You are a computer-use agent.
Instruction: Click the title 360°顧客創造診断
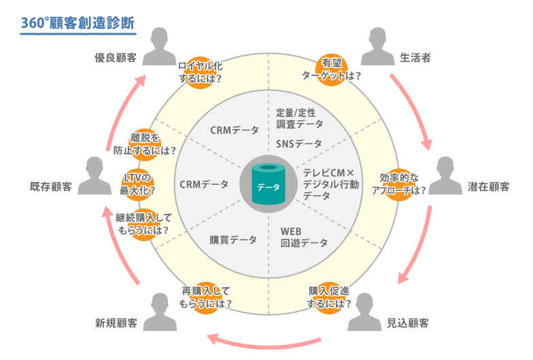pyautogui.click(x=77, y=22)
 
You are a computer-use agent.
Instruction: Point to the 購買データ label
pyautogui.click(x=233, y=240)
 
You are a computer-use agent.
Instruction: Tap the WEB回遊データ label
pyautogui.click(x=303, y=236)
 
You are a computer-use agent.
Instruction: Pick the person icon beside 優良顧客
pyautogui.click(x=160, y=48)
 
